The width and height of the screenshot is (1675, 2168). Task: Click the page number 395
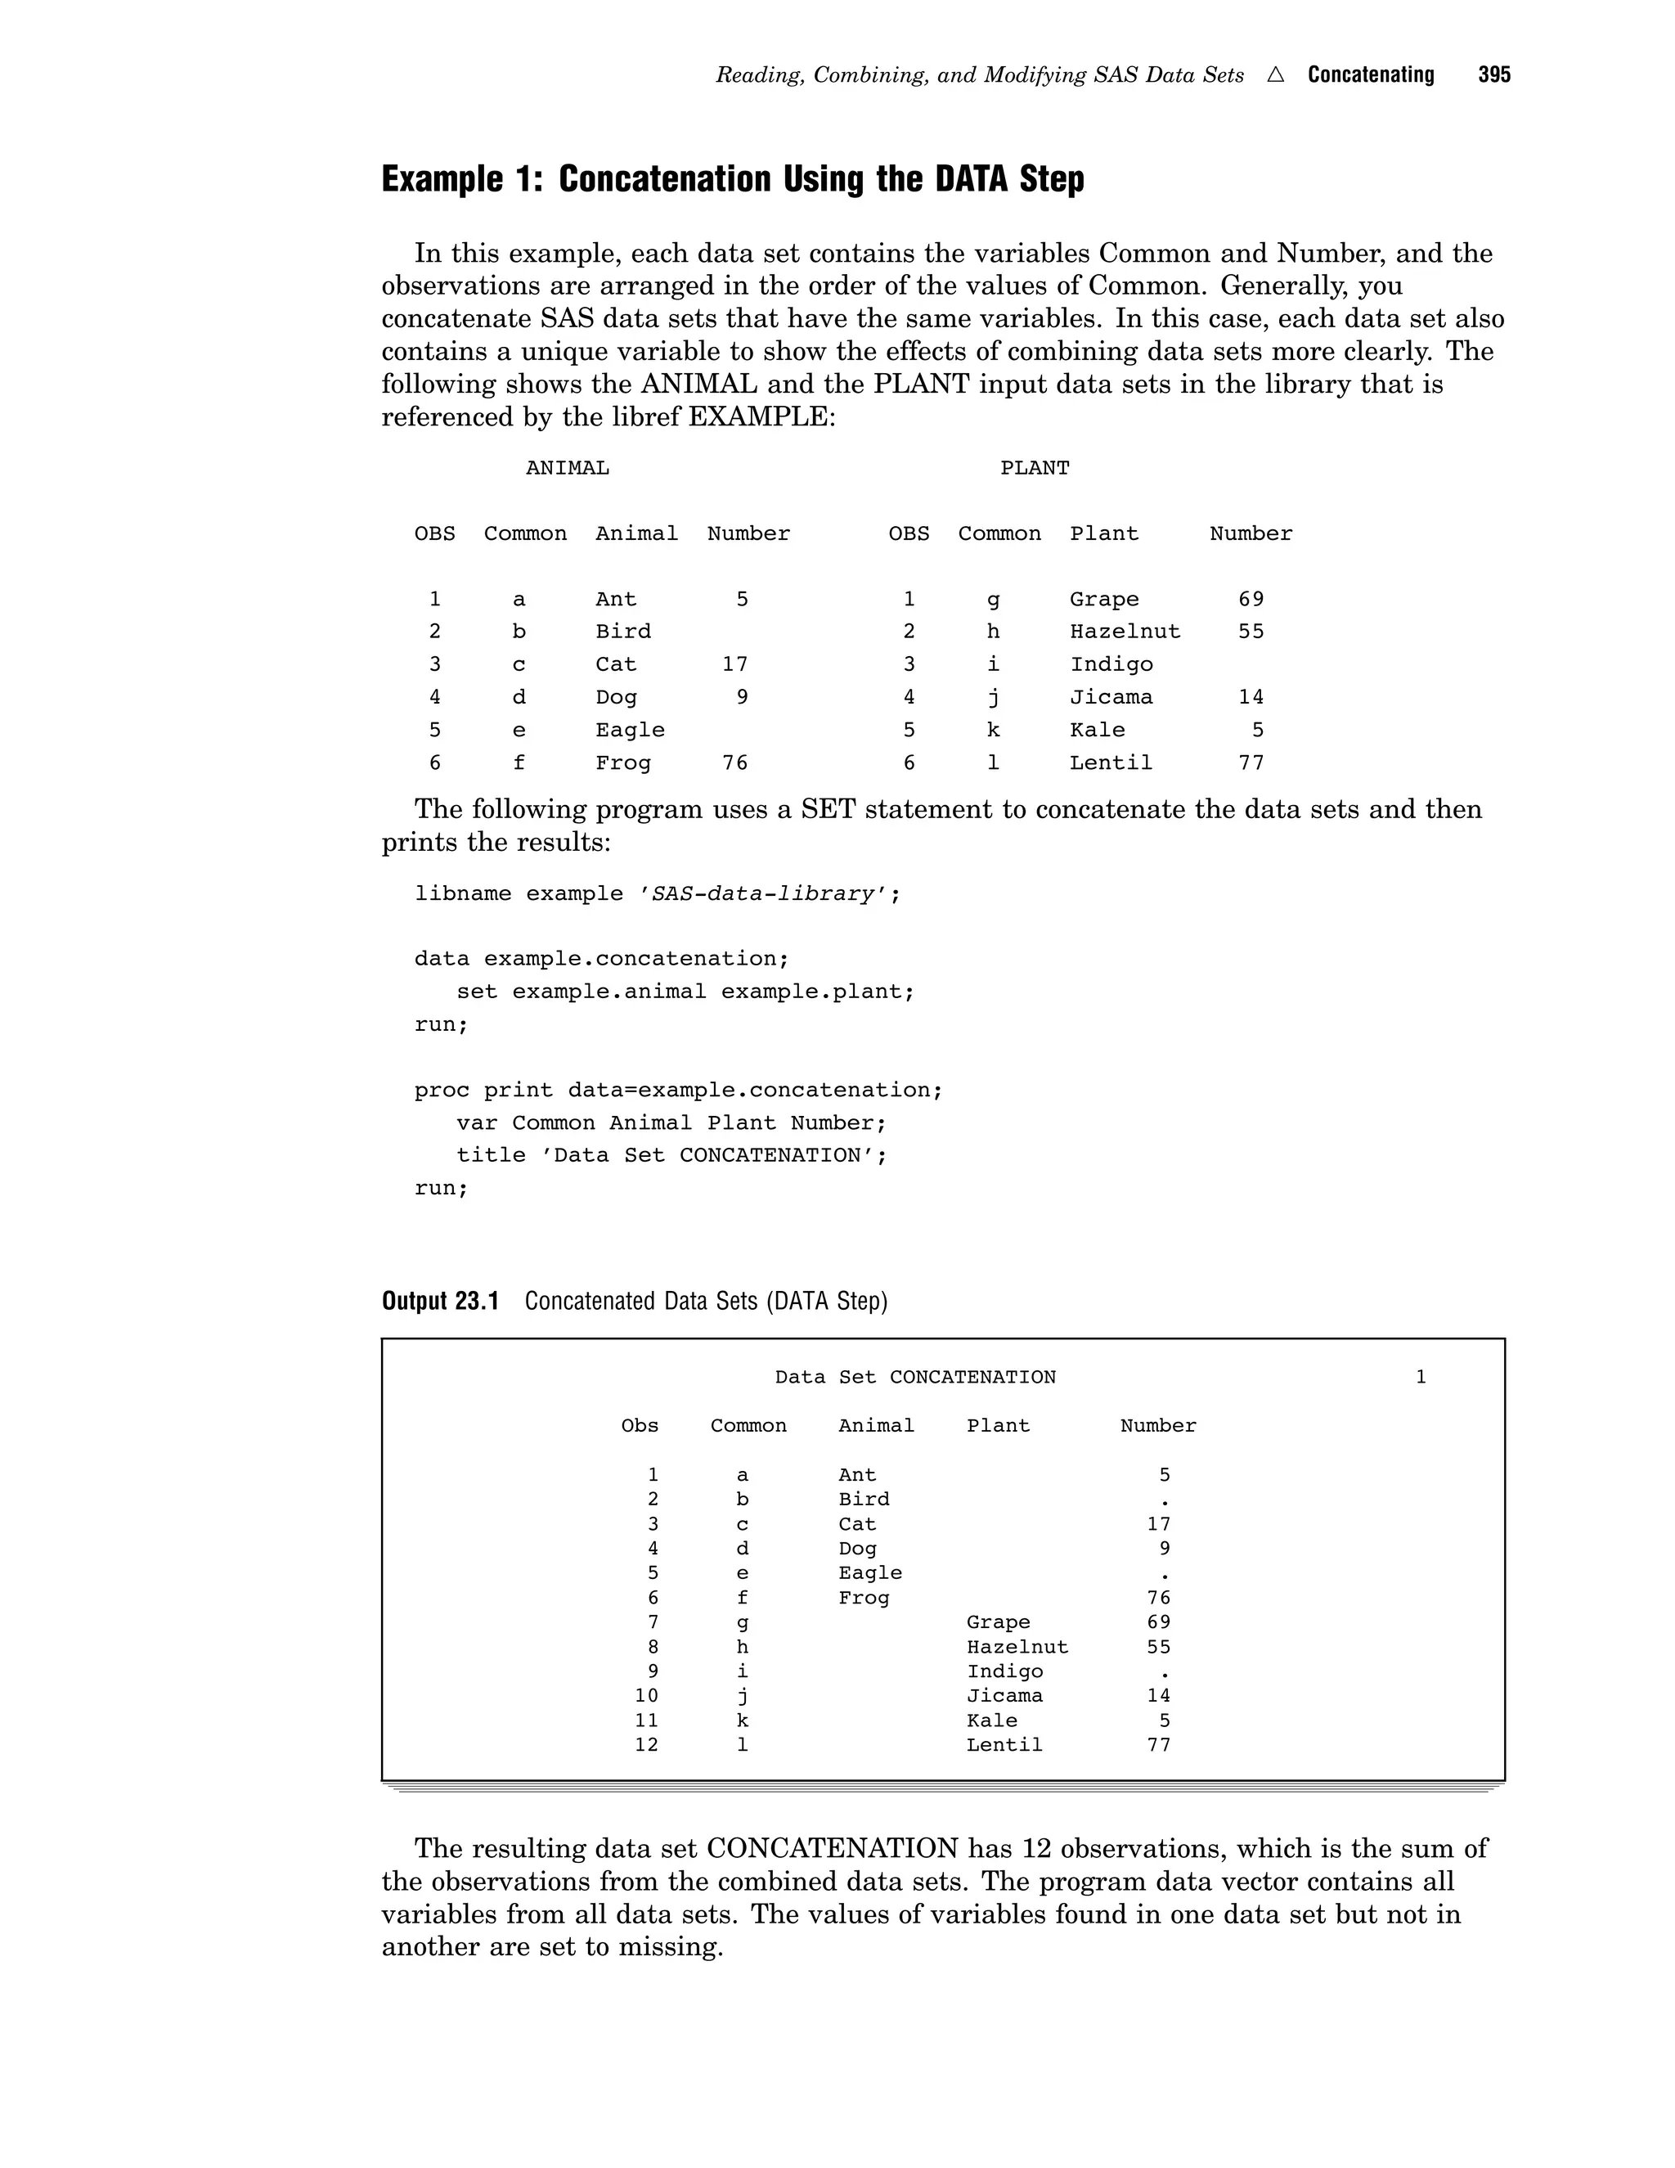click(x=1493, y=75)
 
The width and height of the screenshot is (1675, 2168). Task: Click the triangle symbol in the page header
click(x=1275, y=75)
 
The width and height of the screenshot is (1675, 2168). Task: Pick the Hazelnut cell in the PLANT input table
click(x=1125, y=632)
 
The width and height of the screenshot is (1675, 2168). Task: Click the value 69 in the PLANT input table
click(x=1251, y=600)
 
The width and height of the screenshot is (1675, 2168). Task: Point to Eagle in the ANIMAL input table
click(x=629, y=731)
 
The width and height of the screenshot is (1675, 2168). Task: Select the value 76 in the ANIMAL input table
click(x=734, y=763)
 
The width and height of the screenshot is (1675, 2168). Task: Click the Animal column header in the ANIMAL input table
click(x=636, y=534)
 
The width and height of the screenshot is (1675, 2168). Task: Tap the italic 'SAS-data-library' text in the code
click(x=762, y=894)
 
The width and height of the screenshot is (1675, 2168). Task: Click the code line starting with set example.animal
click(x=685, y=992)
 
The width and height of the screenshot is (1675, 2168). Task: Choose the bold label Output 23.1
click(x=439, y=1302)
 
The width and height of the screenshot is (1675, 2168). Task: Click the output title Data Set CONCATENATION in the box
click(x=915, y=1378)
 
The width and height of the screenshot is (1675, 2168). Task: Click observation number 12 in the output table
click(x=646, y=1745)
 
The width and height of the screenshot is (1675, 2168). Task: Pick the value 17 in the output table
click(x=1158, y=1525)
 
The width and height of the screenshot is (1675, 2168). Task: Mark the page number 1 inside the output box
click(x=1420, y=1378)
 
